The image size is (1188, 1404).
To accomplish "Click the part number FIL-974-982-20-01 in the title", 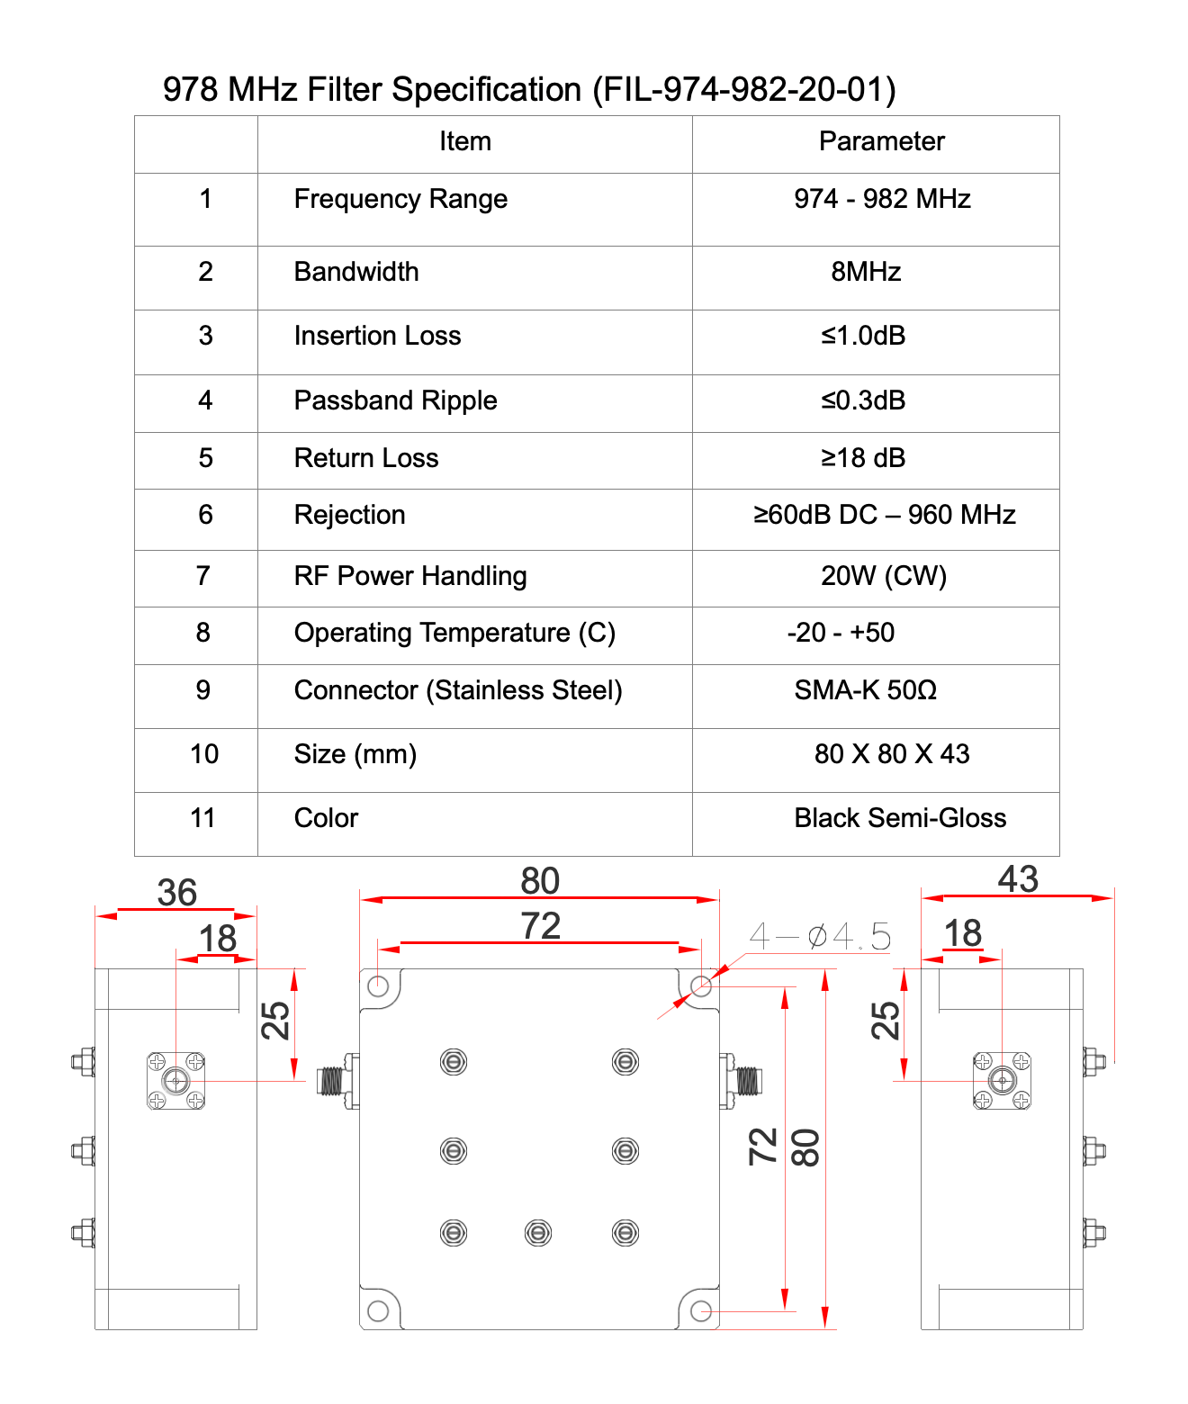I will (x=743, y=90).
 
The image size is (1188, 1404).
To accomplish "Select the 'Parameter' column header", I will (x=881, y=141).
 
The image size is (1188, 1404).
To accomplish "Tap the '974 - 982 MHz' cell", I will (x=882, y=199).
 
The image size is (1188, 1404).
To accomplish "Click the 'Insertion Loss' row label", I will (x=377, y=336).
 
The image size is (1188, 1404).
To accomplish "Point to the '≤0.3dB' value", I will (x=863, y=400).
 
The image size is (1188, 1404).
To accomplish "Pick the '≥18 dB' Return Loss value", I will (x=863, y=458).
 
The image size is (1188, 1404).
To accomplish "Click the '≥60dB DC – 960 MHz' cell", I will (x=884, y=515).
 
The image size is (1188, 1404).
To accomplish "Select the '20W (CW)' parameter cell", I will (x=884, y=576).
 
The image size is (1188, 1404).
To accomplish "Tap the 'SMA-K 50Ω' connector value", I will (x=866, y=690).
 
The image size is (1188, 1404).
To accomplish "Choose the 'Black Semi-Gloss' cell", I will (x=900, y=818).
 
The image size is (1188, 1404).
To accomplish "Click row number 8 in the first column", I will (x=203, y=633).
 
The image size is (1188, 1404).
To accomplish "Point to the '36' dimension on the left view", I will (x=176, y=893).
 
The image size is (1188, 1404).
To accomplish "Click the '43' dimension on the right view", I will (x=1018, y=879).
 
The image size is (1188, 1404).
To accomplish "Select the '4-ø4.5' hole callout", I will (x=820, y=937).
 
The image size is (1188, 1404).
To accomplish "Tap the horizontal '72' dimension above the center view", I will (x=540, y=926).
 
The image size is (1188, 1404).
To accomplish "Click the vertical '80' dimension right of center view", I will (x=805, y=1147).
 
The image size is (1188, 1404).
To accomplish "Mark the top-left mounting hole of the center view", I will (x=378, y=986).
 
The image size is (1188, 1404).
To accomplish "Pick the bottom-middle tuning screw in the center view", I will (x=538, y=1232).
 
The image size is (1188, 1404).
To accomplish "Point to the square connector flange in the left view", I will (x=176, y=1080).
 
